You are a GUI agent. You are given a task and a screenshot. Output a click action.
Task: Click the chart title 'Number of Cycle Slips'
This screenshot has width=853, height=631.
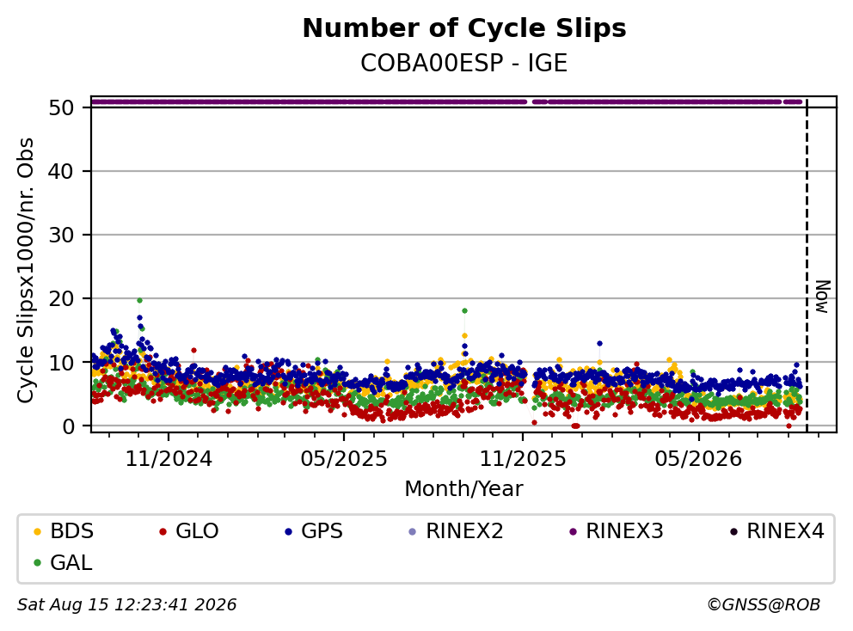pos(464,28)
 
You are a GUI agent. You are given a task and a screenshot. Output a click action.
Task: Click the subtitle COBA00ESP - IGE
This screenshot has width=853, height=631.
pos(464,63)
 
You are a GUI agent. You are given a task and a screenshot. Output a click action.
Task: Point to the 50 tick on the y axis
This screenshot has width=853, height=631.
pos(61,107)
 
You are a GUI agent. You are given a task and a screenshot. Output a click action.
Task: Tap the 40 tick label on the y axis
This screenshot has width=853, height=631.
pos(61,171)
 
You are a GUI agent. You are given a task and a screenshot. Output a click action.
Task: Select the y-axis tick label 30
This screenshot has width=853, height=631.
pos(61,235)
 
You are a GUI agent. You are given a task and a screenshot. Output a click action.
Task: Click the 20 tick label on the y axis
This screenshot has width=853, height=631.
pos(61,298)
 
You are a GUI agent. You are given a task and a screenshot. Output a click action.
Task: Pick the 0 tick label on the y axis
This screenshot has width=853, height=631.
pos(68,426)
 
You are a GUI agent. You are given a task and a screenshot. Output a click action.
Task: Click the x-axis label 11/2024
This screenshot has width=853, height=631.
pos(169,458)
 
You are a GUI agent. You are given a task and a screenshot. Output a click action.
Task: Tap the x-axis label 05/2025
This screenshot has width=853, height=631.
pos(344,458)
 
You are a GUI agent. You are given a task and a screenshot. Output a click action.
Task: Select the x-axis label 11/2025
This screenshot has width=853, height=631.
pos(522,458)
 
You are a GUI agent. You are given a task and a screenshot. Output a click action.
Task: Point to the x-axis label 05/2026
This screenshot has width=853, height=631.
pos(698,458)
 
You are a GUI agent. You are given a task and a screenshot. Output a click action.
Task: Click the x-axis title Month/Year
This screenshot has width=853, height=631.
pos(464,488)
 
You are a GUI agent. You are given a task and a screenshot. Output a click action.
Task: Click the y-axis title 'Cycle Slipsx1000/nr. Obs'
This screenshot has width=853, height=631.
pos(26,270)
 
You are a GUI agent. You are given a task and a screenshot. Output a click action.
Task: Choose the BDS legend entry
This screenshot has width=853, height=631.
pos(64,531)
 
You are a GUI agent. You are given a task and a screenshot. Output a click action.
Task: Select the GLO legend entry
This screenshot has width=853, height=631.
pos(189,531)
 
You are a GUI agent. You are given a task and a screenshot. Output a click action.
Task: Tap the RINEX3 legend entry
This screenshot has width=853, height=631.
pos(617,531)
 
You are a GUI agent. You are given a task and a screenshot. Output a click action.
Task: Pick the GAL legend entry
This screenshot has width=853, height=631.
pos(63,562)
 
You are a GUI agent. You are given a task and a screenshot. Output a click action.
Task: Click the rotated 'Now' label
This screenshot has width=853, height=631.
pos(823,297)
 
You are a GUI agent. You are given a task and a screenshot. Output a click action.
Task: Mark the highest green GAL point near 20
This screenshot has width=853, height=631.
pos(139,300)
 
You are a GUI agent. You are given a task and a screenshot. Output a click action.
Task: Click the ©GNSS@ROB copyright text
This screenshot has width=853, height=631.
pos(764,604)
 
